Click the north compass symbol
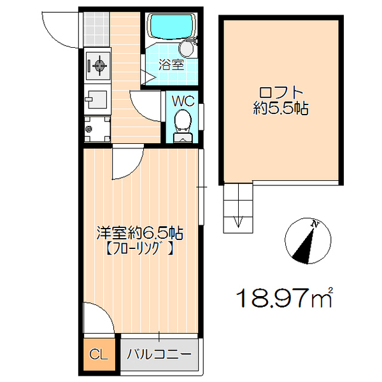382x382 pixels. click(x=308, y=241)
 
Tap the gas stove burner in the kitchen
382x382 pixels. click(x=99, y=64)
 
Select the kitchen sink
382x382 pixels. click(x=98, y=101)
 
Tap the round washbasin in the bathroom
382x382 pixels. click(x=187, y=48)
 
